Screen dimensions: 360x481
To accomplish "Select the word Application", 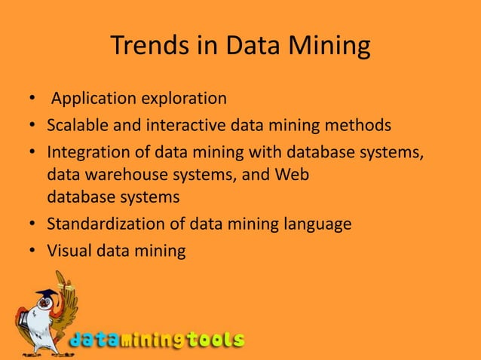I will tap(89, 98).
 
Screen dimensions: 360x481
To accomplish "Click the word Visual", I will tap(67, 250).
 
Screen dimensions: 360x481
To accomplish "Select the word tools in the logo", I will tap(216, 340).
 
